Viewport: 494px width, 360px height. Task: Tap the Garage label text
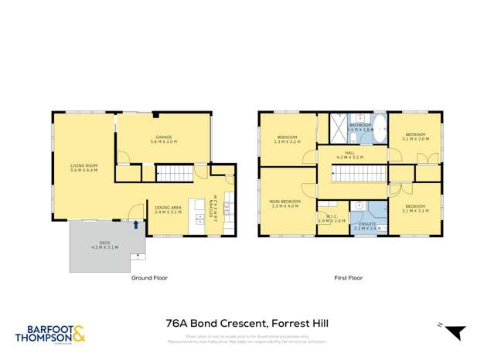pos(163,139)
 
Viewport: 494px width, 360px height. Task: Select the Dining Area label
pos(168,209)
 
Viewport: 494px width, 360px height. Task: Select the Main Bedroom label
pos(286,202)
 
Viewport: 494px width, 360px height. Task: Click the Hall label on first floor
pos(350,155)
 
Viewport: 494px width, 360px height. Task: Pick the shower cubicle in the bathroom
pos(339,126)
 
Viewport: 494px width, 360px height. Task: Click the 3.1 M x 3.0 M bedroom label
pos(414,137)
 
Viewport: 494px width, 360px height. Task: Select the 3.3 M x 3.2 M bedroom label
pos(288,140)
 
